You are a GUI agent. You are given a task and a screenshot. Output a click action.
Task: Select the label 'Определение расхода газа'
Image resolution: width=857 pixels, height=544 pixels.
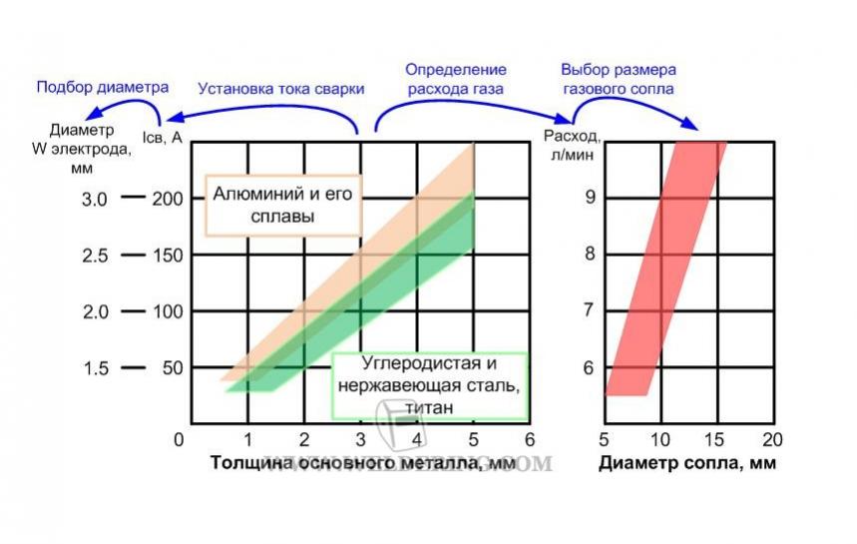point(455,79)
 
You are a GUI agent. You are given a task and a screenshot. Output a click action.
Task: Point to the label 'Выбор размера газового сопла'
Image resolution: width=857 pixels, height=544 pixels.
point(619,79)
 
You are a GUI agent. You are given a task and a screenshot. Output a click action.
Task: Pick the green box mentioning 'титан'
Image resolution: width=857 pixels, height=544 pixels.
point(429,384)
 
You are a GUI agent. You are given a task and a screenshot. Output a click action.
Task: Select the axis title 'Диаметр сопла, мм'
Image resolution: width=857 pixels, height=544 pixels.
point(686,463)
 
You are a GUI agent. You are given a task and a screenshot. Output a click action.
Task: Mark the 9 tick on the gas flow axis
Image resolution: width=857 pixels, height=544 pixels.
point(590,198)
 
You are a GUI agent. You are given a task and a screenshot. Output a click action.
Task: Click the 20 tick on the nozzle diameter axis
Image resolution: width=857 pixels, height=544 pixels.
point(771,439)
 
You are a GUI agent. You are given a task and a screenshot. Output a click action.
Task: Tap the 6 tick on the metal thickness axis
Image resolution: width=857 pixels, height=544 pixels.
point(531,439)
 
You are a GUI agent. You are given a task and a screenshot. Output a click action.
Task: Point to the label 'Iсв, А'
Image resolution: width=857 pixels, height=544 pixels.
point(164,136)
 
